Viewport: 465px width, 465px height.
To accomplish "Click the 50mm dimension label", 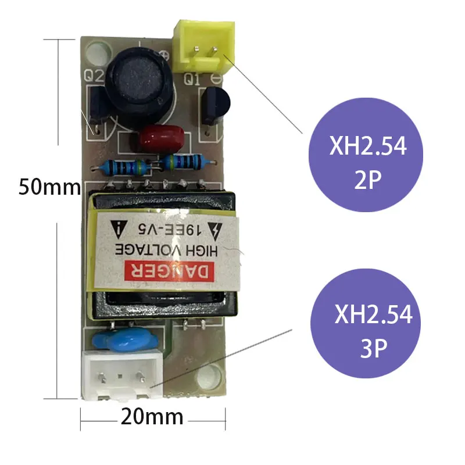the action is [x=49, y=187].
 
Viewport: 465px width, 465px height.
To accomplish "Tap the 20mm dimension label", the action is [x=152, y=417].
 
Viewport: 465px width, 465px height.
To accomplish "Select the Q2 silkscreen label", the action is [x=94, y=75].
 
